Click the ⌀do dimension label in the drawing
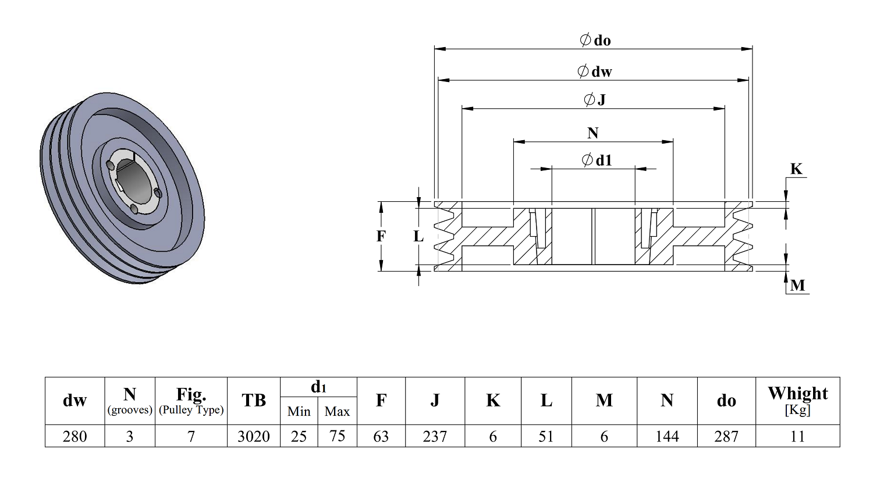pyautogui.click(x=595, y=40)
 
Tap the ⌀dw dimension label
pyautogui.click(x=594, y=71)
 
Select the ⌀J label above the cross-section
pyautogui.click(x=595, y=99)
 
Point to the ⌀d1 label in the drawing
pyautogui.click(x=597, y=160)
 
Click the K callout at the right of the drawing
pyautogui.click(x=796, y=169)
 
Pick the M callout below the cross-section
pyautogui.click(x=798, y=286)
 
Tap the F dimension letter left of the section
pyautogui.click(x=381, y=236)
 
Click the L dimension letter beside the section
pyautogui.click(x=418, y=236)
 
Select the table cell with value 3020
pyautogui.click(x=254, y=436)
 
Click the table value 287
pyautogui.click(x=726, y=436)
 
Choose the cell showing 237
pyautogui.click(x=435, y=436)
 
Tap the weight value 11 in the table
pyautogui.click(x=798, y=436)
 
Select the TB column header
pyautogui.click(x=254, y=400)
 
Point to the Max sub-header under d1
pyautogui.click(x=337, y=411)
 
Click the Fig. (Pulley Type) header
pyautogui.click(x=191, y=401)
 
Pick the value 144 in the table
pyautogui.click(x=667, y=436)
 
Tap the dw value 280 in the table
pyautogui.click(x=75, y=436)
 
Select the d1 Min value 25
pyautogui.click(x=299, y=436)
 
